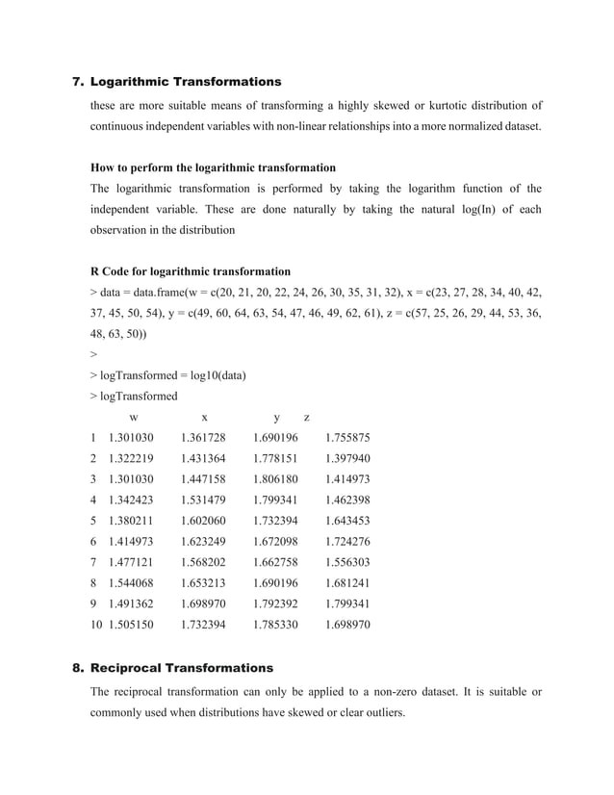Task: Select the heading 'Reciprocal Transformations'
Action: [182, 667]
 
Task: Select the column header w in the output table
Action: [133, 418]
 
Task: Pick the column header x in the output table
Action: [204, 418]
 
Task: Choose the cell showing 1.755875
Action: [347, 438]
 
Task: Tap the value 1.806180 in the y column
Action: [275, 479]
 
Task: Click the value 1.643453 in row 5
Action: [347, 521]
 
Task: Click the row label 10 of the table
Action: [95, 625]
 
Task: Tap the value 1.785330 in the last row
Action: [275, 625]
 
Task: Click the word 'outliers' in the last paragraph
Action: [378, 713]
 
